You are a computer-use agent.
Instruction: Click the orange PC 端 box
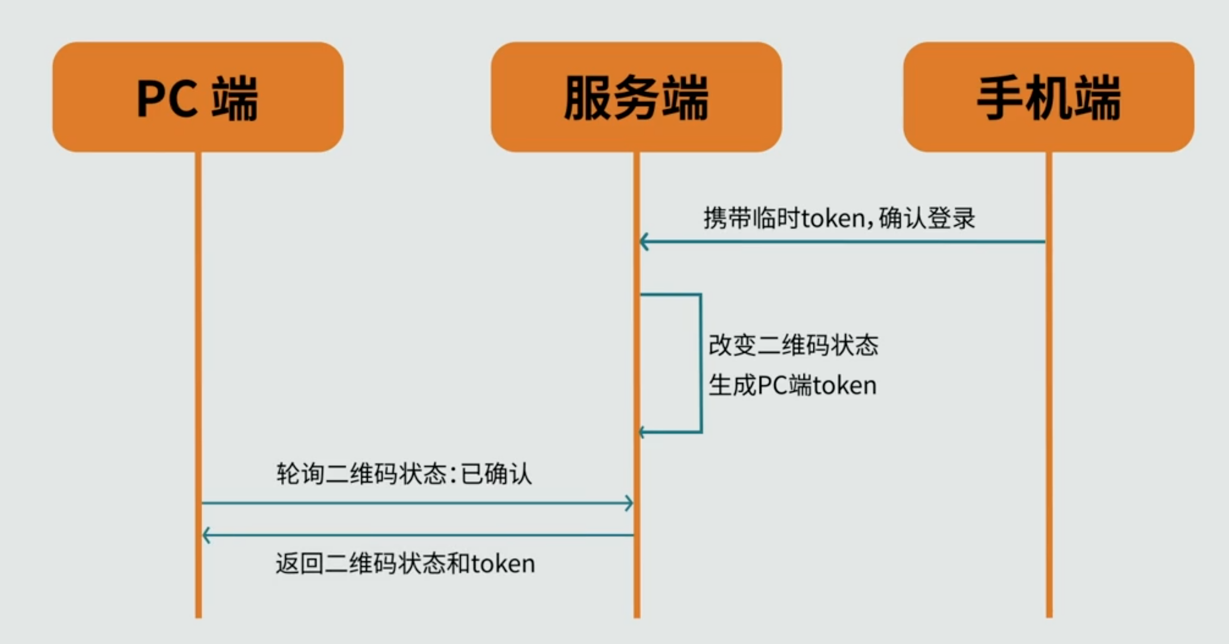pos(198,97)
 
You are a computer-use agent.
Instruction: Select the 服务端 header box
pos(636,97)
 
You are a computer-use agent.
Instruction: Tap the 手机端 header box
pos(1048,97)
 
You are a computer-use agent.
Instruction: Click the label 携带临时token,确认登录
pos(839,218)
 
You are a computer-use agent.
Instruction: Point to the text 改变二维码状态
pos(793,345)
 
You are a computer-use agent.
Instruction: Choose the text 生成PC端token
pos(792,386)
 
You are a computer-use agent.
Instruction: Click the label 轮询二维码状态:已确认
pos(404,473)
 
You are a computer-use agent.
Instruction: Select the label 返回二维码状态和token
pos(405,564)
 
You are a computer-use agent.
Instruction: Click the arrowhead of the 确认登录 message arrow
pos(644,242)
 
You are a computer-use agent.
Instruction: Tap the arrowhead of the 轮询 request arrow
pos(630,503)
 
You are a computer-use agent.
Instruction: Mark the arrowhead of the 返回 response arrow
pos(206,535)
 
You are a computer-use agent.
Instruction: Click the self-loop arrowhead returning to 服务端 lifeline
pos(643,432)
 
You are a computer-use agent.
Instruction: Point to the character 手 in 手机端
pos(999,98)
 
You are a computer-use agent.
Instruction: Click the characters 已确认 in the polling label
pos(496,473)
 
